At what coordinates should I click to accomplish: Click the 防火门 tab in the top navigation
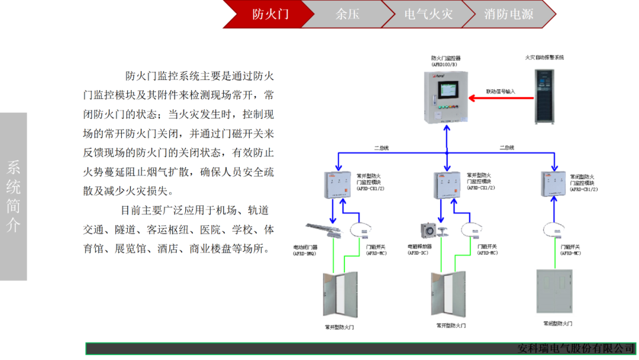click(270, 14)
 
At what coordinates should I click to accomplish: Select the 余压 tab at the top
click(347, 14)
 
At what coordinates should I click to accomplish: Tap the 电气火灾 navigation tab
click(428, 14)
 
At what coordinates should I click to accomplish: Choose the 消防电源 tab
click(508, 14)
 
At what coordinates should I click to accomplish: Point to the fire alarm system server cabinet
click(544, 97)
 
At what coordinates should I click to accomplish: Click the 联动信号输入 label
click(501, 92)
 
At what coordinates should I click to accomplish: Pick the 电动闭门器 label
click(305, 247)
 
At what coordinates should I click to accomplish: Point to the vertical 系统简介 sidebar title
click(13, 196)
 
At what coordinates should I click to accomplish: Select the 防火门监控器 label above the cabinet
click(446, 59)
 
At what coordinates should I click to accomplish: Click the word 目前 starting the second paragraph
click(131, 210)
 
